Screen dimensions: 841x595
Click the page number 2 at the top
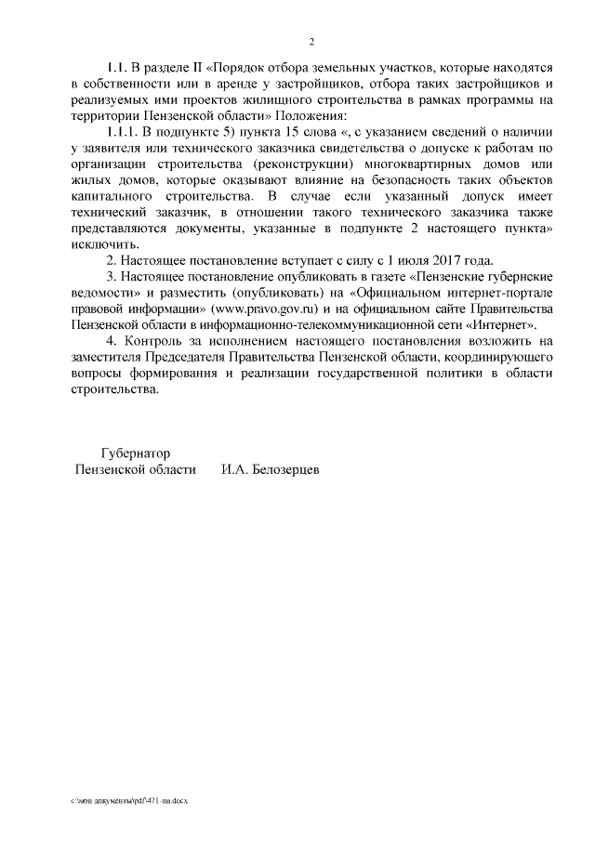pyautogui.click(x=312, y=42)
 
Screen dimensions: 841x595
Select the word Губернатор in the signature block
pyautogui.click(x=136, y=453)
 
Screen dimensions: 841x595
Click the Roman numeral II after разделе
pyautogui.click(x=196, y=68)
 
